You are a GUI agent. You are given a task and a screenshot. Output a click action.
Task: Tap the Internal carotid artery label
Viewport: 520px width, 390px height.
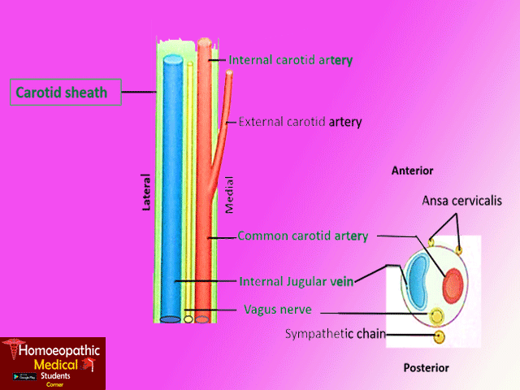pos(290,60)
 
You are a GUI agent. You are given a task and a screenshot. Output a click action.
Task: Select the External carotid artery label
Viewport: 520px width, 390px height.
pos(300,122)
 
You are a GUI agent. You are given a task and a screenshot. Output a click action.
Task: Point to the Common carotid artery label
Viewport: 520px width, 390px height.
pos(302,236)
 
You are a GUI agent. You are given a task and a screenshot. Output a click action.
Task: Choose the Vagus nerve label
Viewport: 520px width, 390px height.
pos(277,310)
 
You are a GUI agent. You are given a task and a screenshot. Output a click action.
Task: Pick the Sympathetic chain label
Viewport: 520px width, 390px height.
pos(335,334)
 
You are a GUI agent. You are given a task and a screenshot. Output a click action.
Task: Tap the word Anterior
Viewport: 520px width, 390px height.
pos(412,171)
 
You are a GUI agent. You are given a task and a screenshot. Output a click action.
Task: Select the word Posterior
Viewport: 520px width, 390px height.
pos(426,368)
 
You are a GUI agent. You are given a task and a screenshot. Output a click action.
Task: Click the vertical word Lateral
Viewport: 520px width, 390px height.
pos(147,193)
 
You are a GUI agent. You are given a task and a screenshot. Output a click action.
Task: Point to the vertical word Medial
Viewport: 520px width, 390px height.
pos(229,197)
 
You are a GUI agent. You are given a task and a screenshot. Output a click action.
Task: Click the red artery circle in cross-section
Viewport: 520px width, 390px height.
pos(452,284)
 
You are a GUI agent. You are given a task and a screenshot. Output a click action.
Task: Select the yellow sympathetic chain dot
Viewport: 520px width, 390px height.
pos(440,336)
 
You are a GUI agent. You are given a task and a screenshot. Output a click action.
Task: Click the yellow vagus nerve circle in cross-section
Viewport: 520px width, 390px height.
pos(436,315)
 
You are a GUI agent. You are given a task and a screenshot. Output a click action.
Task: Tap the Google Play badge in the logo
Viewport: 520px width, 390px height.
pos(27,378)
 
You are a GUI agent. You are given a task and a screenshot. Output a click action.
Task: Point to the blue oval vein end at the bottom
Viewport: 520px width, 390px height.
pos(170,318)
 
